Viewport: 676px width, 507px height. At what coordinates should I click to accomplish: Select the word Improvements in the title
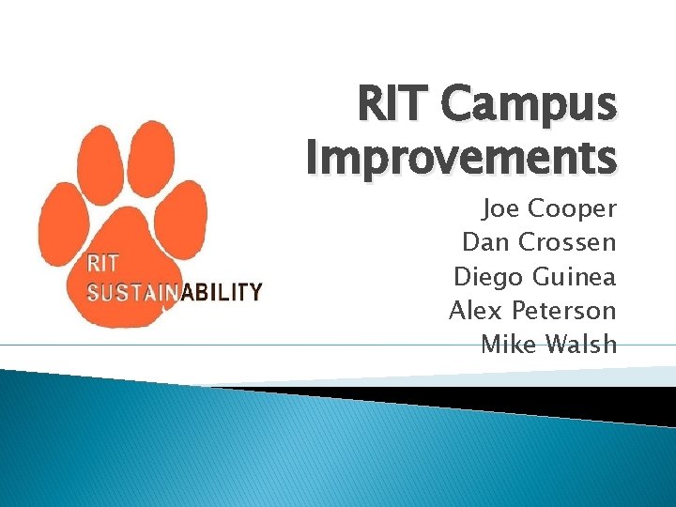(x=462, y=157)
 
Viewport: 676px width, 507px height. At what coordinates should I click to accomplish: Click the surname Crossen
(x=567, y=242)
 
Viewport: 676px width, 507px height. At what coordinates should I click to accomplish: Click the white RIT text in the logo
(x=102, y=264)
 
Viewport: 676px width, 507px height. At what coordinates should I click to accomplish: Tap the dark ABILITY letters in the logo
(x=220, y=292)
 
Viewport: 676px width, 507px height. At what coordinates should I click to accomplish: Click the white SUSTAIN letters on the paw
(x=131, y=292)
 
